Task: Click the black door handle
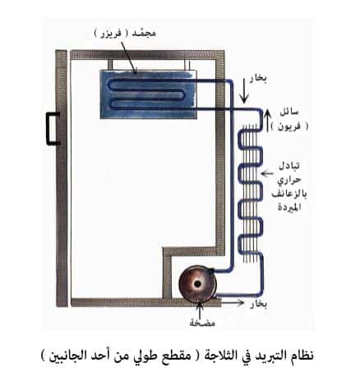coord(49,128)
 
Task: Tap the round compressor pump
coord(197,284)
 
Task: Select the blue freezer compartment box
coord(148,94)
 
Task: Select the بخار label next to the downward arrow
coord(258,78)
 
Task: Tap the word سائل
coord(289,112)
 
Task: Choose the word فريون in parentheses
coord(289,126)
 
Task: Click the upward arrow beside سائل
coord(267,120)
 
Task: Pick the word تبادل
coord(289,166)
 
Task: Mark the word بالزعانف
coord(289,193)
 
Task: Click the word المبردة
coord(289,206)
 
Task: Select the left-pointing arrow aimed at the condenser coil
coord(267,173)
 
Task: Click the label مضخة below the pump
coord(202,323)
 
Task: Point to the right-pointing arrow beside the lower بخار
coord(232,302)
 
